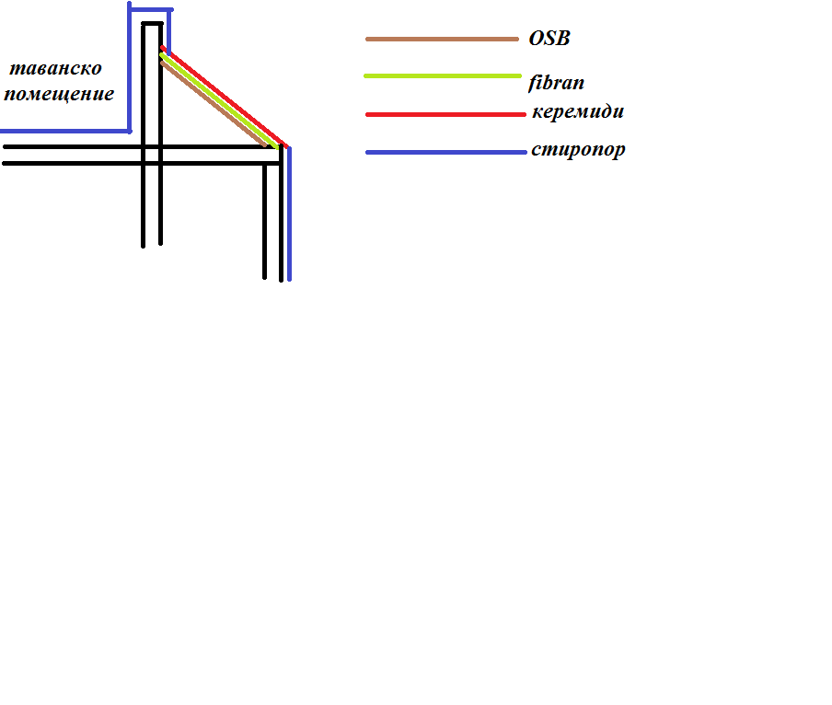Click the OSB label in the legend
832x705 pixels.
[x=549, y=40]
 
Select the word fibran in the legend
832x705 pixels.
[x=557, y=83]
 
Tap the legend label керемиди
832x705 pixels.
[x=578, y=112]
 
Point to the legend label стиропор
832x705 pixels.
[x=578, y=149]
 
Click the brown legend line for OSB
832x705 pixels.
[x=442, y=40]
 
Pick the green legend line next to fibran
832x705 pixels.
[x=442, y=75]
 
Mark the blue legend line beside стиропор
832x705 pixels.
[x=445, y=152]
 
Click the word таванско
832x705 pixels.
[x=54, y=69]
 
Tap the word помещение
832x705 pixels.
[x=59, y=94]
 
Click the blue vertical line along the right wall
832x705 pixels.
[x=289, y=221]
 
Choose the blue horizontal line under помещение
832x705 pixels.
[x=64, y=131]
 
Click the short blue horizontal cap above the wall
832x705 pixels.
[x=150, y=8]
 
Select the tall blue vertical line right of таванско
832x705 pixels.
[x=130, y=69]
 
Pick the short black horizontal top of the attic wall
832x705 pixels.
[x=152, y=23]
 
